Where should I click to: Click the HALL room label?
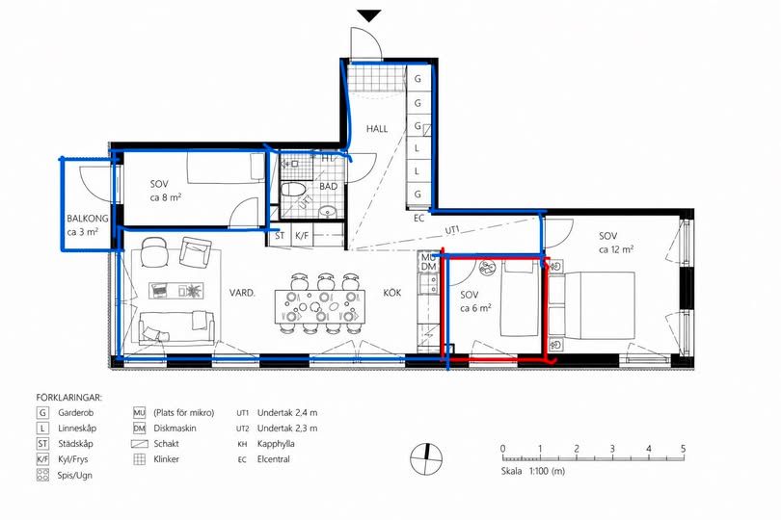point(377,129)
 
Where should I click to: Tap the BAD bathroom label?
point(329,187)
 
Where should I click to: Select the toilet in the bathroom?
point(294,190)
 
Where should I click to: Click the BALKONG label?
point(88,219)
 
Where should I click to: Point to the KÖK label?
point(392,293)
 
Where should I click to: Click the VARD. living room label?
point(242,293)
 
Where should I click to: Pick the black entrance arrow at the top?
point(369,16)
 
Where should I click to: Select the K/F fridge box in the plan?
point(302,236)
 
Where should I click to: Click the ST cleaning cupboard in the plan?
point(280,236)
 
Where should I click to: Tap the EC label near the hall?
point(418,218)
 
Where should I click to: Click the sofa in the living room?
point(176,327)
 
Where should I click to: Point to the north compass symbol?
point(426,458)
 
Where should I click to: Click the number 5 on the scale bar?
point(683,449)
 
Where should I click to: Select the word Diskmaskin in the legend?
point(175,428)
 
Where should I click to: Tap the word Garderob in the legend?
point(76,412)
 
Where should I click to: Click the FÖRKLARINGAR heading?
point(68,398)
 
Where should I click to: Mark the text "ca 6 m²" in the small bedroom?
point(475,308)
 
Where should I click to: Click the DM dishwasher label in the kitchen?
point(429,266)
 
